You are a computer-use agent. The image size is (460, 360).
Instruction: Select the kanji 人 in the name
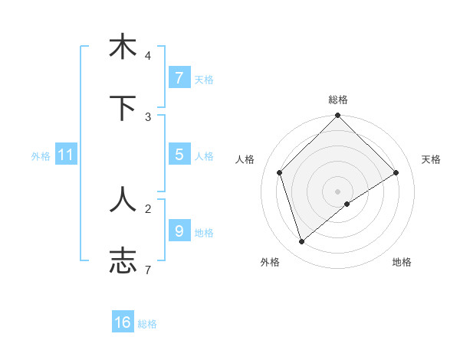pos(123,198)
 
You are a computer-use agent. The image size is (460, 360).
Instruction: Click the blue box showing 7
pos(179,77)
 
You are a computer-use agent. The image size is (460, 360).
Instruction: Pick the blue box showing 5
pos(179,155)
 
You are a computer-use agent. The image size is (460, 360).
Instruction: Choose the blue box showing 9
pos(179,231)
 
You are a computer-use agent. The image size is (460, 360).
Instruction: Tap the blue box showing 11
pos(66,155)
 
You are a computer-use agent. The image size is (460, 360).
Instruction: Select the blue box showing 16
pos(123,322)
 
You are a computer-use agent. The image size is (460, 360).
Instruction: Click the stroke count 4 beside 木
pos(147,56)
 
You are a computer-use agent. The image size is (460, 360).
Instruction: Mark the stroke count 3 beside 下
pos(147,116)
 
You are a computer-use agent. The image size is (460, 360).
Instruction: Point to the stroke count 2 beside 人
pos(147,208)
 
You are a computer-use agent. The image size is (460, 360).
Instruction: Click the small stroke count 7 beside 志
pos(147,270)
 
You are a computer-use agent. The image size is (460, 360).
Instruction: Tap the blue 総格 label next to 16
pos(147,324)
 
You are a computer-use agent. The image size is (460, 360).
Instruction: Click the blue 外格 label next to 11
pos(41,156)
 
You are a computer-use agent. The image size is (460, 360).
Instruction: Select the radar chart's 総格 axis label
pos(337,100)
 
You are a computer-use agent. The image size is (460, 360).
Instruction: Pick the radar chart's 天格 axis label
pos(431,159)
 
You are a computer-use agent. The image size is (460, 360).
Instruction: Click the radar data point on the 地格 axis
pos(347,204)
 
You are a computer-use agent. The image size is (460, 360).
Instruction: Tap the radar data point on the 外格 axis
pos(301,242)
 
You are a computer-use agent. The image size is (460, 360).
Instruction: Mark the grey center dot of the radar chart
pos(337,191)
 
